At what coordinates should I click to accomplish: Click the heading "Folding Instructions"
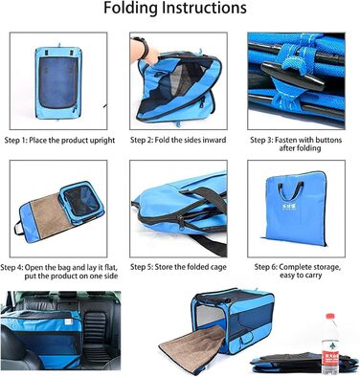coord(175,8)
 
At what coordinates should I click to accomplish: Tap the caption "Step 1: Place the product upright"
coord(59,140)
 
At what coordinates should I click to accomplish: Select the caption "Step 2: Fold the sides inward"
coord(178,140)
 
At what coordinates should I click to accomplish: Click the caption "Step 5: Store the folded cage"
coord(178,267)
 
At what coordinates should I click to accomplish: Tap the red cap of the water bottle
coord(330,317)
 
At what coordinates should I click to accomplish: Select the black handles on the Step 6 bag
coord(290,189)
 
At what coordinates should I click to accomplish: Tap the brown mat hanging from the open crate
coord(191,347)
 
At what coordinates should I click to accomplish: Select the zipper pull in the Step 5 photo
coord(181,223)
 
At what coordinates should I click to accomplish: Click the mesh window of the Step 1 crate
coord(58,82)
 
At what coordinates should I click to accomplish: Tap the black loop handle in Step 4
coord(18,228)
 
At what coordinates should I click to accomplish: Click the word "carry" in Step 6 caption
coord(311,276)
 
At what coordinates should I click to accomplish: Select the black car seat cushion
coord(96,333)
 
